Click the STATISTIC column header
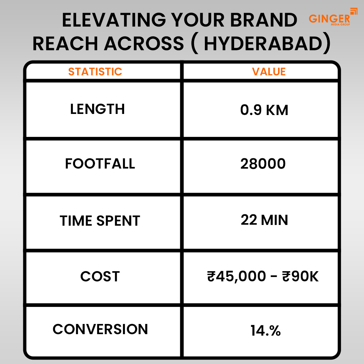click(x=95, y=71)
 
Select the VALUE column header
click(x=269, y=71)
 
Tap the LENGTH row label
click(x=97, y=109)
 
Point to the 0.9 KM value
click(x=264, y=110)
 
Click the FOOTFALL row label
click(x=100, y=164)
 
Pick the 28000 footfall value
click(x=263, y=164)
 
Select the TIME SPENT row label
click(x=100, y=221)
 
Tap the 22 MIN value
click(x=264, y=220)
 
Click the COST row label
click(x=100, y=277)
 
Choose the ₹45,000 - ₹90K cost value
click(x=262, y=277)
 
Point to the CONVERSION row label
click(x=100, y=329)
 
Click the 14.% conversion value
click(x=265, y=331)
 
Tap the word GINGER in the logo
click(x=329, y=18)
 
